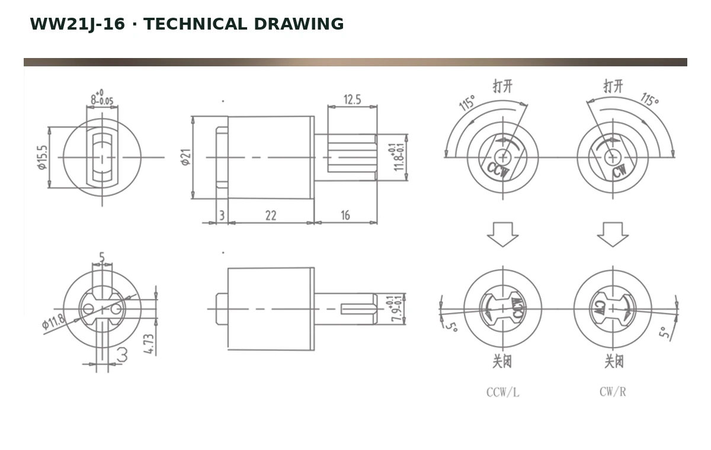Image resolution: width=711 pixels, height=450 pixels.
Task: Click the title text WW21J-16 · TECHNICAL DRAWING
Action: tap(187, 24)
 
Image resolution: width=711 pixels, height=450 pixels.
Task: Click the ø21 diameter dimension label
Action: tap(186, 157)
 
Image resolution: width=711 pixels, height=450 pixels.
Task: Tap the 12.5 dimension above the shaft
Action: tap(353, 99)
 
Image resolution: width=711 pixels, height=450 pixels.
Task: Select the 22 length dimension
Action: tap(271, 216)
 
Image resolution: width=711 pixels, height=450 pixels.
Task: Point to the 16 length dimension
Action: tap(345, 216)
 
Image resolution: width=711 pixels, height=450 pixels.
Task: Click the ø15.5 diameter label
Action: tap(42, 157)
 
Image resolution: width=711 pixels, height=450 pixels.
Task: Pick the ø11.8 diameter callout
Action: tap(53, 322)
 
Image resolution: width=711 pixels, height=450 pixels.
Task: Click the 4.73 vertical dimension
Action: tap(149, 344)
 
